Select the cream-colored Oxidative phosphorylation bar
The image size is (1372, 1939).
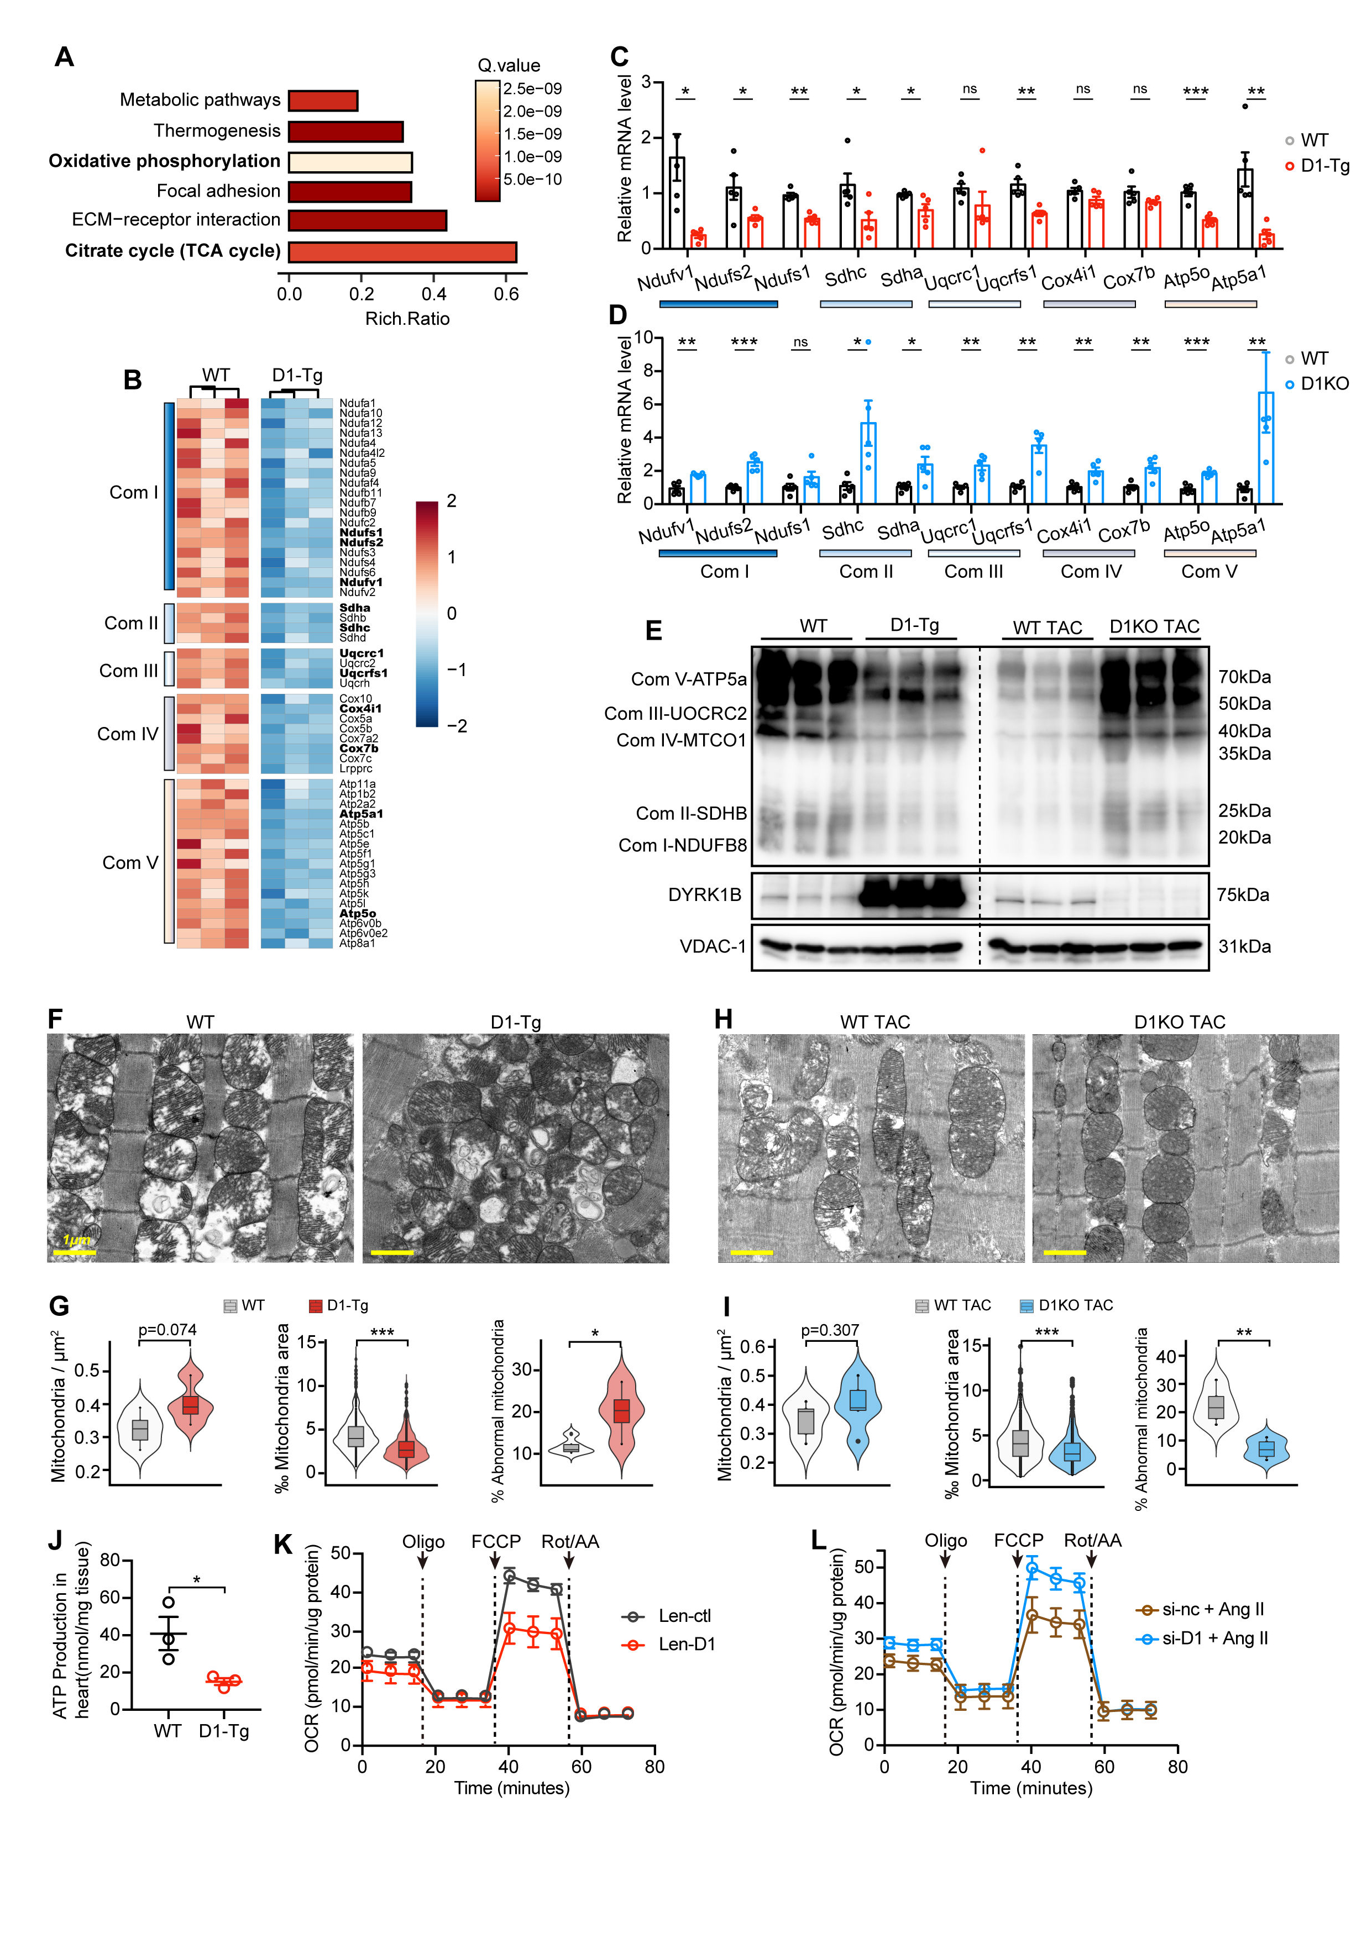(x=350, y=161)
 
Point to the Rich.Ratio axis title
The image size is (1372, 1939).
(x=407, y=318)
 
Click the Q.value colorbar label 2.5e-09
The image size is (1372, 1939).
(x=532, y=89)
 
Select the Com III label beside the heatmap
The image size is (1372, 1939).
(x=128, y=671)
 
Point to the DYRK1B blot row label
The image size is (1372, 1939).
(x=705, y=894)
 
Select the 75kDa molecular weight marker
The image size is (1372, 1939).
(x=1243, y=894)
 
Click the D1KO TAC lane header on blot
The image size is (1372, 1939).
(x=1154, y=626)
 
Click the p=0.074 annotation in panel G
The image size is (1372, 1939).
(x=167, y=1329)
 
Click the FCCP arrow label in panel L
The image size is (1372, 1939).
(x=1018, y=1540)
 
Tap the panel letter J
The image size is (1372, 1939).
(x=56, y=1540)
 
